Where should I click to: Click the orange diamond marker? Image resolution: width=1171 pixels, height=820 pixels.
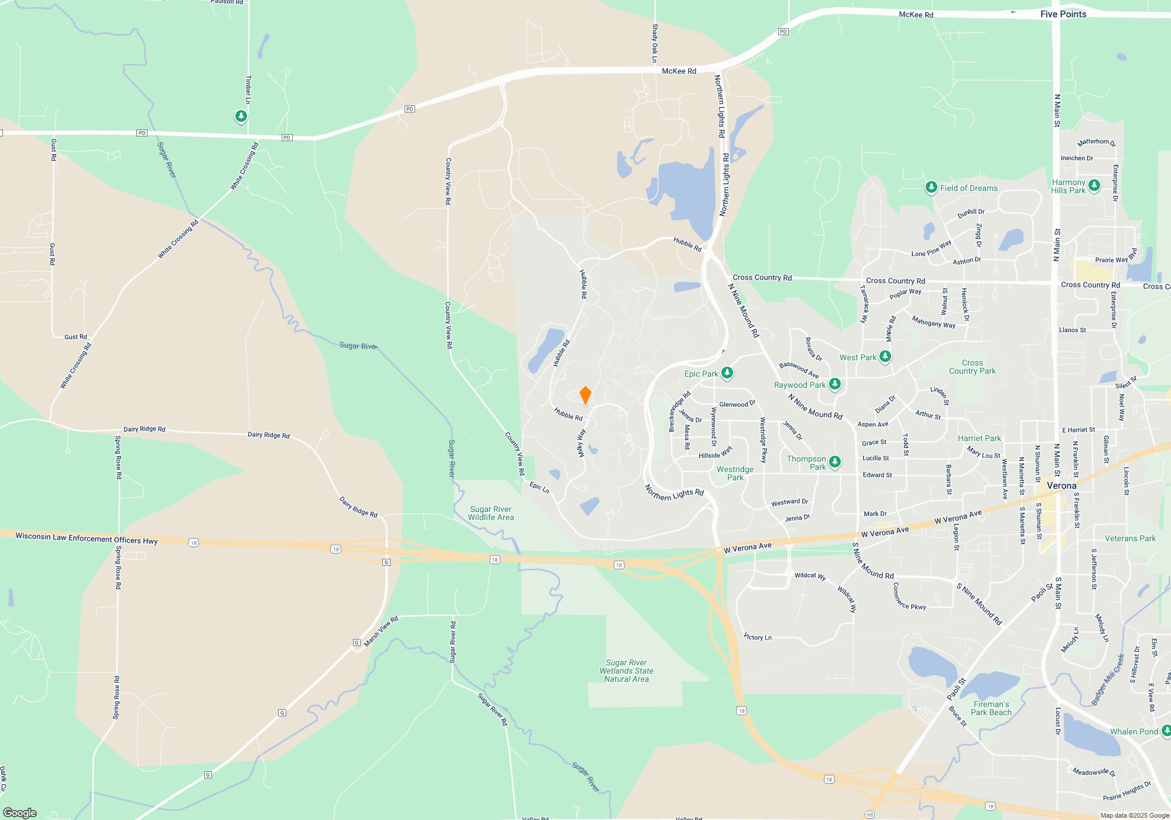[585, 395]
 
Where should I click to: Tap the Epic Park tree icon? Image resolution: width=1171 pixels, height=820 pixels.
[727, 373]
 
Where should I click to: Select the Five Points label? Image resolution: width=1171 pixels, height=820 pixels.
[1063, 14]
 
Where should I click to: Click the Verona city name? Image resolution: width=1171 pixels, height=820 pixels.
[1061, 486]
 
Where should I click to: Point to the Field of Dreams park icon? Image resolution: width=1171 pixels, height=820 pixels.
[931, 187]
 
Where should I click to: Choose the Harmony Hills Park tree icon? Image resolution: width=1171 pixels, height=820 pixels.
[1094, 186]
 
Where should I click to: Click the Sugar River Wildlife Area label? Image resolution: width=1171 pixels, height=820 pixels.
[491, 513]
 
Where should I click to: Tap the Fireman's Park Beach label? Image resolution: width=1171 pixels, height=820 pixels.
[991, 708]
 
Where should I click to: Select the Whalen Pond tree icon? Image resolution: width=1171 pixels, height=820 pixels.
[1166, 730]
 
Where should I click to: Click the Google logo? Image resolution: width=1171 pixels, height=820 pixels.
[20, 812]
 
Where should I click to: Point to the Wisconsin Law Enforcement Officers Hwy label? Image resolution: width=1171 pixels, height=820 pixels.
[87, 538]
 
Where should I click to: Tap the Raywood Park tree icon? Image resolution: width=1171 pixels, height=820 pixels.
[835, 384]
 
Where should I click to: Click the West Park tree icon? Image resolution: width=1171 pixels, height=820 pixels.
[885, 356]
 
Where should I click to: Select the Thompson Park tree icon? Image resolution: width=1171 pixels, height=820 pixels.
[835, 462]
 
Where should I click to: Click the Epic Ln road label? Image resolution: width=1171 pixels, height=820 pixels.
[539, 487]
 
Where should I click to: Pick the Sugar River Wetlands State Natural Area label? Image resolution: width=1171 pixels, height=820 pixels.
[626, 671]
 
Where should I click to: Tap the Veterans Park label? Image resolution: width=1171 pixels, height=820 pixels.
[1130, 538]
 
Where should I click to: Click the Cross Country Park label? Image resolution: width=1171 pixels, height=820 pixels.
[972, 367]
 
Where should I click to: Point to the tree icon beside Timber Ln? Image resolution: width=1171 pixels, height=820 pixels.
[241, 116]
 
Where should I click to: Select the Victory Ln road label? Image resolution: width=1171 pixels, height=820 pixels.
[758, 637]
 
